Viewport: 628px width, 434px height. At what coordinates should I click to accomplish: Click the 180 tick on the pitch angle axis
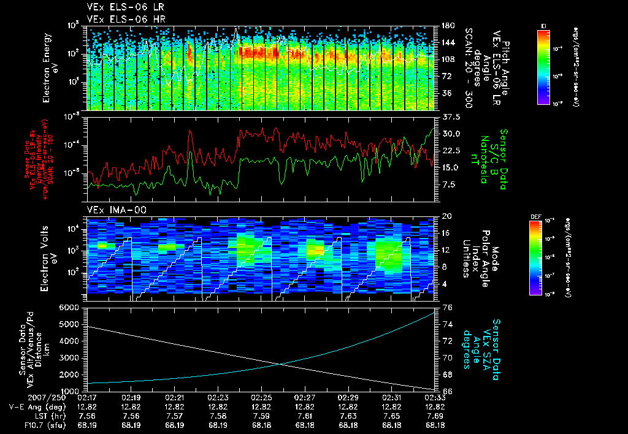click(446, 26)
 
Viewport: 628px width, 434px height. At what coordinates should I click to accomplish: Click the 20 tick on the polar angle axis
click(446, 216)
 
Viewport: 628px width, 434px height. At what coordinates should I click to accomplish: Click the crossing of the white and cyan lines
click(281, 364)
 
